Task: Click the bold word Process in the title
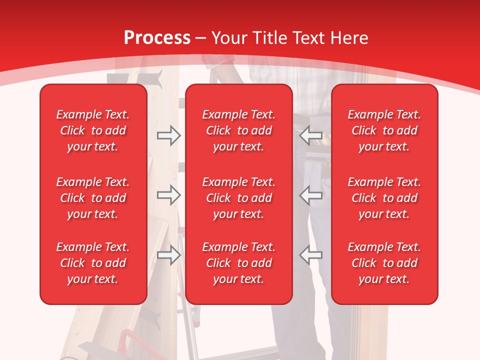[157, 38]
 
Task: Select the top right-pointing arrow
[168, 135]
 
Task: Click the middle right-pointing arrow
[168, 195]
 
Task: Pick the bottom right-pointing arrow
[168, 255]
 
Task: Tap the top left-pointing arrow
[310, 135]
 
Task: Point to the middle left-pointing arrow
[310, 195]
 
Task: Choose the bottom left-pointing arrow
[310, 255]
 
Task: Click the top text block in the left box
[93, 130]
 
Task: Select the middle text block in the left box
[93, 198]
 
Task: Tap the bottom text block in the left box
[93, 263]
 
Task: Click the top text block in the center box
[238, 130]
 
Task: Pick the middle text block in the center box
[238, 198]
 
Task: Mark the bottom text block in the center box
[238, 263]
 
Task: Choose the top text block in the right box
[384, 130]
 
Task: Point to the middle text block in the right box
[384, 198]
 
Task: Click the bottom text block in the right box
[384, 263]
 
